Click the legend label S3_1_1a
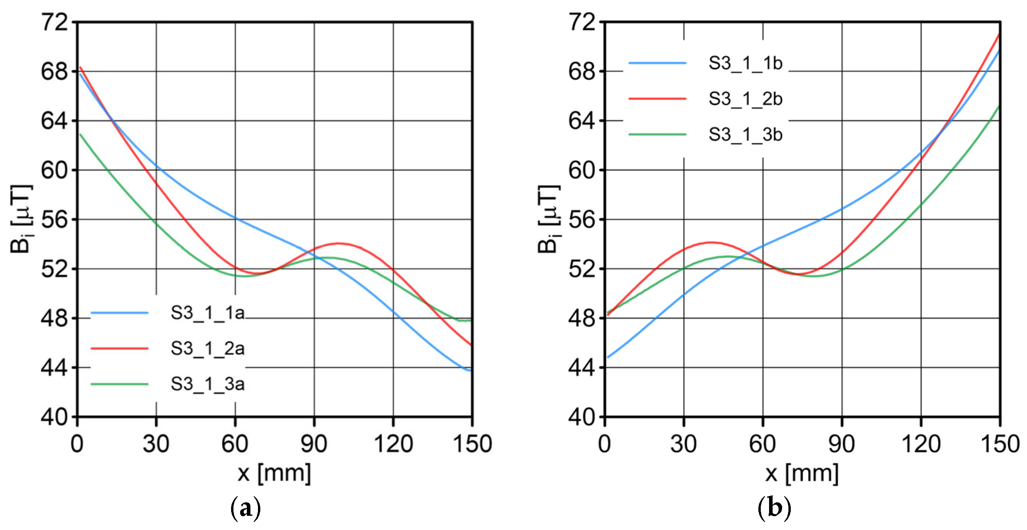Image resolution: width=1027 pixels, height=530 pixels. [x=207, y=313]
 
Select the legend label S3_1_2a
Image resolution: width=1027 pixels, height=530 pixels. [x=207, y=349]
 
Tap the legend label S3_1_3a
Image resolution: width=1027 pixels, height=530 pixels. [x=207, y=384]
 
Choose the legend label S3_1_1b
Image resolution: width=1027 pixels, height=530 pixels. [x=745, y=63]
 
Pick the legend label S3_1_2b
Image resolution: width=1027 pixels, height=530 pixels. [x=745, y=99]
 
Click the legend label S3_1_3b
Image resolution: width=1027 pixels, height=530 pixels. [x=745, y=135]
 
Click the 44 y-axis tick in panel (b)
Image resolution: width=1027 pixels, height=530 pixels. [x=582, y=367]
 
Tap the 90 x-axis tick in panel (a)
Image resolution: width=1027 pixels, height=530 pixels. [x=314, y=444]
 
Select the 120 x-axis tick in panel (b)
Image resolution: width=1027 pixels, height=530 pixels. [x=921, y=444]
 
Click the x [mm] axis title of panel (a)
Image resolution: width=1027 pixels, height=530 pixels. [x=274, y=474]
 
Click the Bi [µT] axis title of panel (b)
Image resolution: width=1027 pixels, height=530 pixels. [x=548, y=219]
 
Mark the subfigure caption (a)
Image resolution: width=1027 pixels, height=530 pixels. [x=246, y=509]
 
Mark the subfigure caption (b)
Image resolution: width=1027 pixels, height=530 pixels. [x=774, y=509]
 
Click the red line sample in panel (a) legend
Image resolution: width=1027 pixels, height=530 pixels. [x=120, y=348]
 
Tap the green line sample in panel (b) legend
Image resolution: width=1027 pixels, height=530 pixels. [x=657, y=134]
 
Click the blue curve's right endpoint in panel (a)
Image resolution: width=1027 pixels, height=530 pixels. [x=471, y=370]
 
